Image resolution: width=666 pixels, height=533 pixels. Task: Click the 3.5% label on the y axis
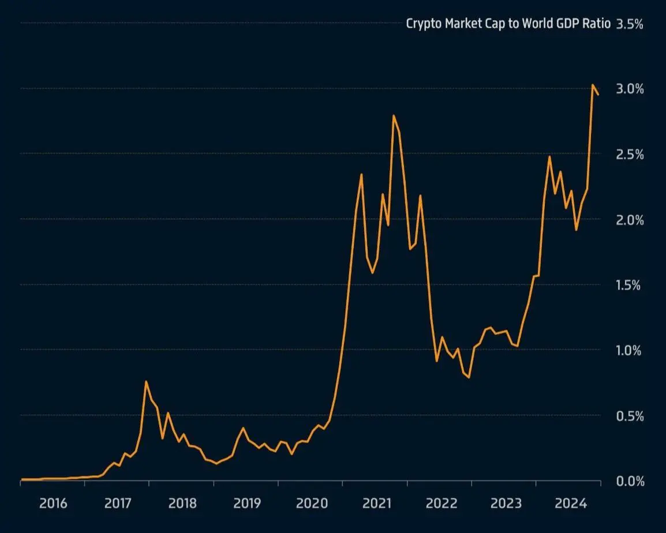pos(630,24)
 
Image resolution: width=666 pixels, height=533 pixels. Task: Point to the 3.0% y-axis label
pos(630,89)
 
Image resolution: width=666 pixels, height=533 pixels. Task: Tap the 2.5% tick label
pos(630,155)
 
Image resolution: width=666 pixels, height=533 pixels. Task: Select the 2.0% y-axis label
pos(630,220)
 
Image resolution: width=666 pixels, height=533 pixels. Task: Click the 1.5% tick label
pos(630,285)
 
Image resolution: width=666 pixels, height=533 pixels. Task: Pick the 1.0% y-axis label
pos(630,350)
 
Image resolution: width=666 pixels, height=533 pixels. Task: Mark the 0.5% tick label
pos(630,416)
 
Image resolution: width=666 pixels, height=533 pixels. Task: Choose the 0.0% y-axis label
pos(630,481)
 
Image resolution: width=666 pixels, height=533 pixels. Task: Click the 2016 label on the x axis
pos(53,504)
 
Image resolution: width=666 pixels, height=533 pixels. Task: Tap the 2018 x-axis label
pos(182,504)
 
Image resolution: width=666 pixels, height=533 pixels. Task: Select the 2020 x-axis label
pos(312,504)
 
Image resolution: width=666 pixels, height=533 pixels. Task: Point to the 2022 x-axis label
pos(441,504)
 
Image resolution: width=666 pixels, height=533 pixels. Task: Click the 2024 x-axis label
pos(571,504)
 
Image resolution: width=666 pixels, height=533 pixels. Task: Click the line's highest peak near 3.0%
pos(593,85)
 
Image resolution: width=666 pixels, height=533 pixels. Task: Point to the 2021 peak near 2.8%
pos(394,115)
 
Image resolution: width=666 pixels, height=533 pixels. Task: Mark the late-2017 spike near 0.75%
pos(146,381)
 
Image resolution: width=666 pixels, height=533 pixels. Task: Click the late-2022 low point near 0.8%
pos(469,377)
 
